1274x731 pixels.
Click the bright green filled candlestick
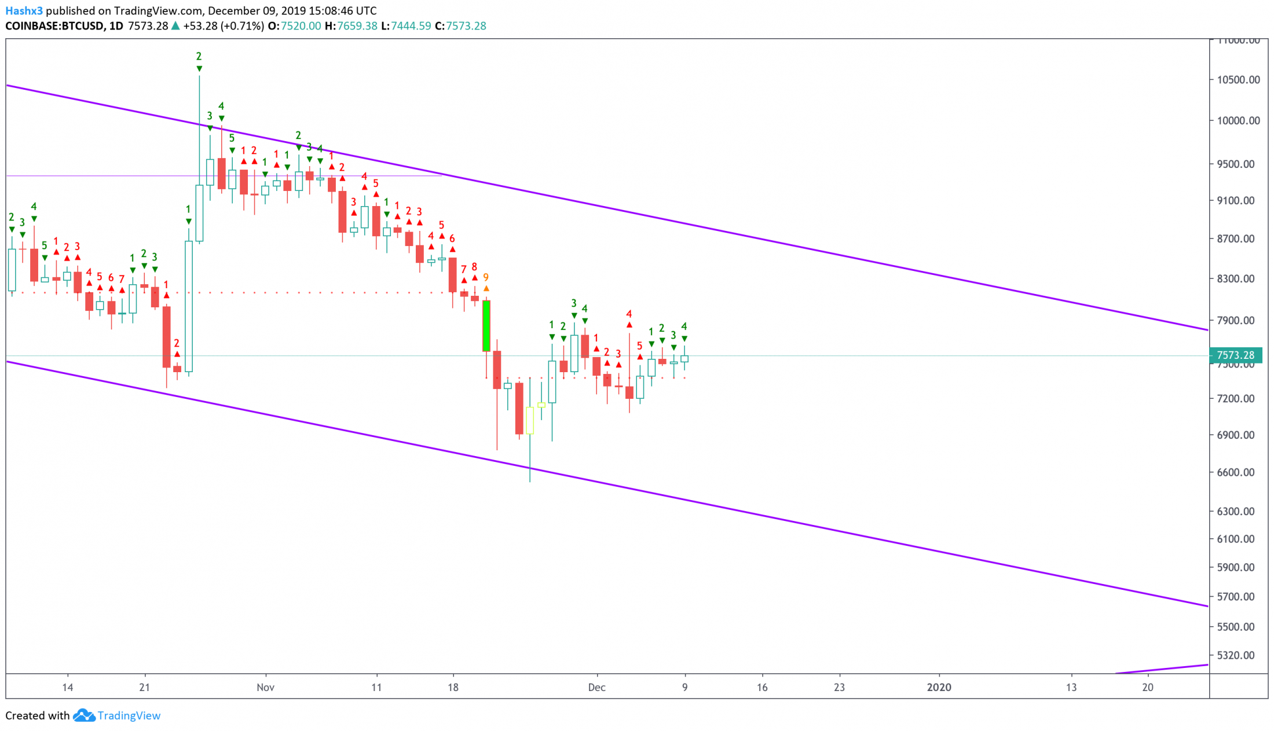click(x=486, y=325)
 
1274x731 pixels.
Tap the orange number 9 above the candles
click(x=486, y=277)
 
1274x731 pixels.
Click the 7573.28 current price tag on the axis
click(x=1235, y=355)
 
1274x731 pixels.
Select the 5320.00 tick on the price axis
click(x=1236, y=655)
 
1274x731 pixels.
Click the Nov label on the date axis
click(x=265, y=688)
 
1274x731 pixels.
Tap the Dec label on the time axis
click(x=596, y=688)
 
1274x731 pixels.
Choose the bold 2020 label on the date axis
click(x=939, y=688)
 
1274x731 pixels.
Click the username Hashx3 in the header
click(x=24, y=10)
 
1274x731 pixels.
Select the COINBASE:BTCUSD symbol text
click(x=54, y=26)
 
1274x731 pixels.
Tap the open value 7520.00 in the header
click(x=301, y=26)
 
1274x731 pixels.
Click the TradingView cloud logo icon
click(x=84, y=716)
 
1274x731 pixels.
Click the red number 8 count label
click(x=474, y=267)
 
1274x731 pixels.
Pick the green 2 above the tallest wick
click(x=199, y=56)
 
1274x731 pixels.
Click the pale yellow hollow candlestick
click(x=530, y=420)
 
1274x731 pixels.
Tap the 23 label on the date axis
click(x=839, y=688)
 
